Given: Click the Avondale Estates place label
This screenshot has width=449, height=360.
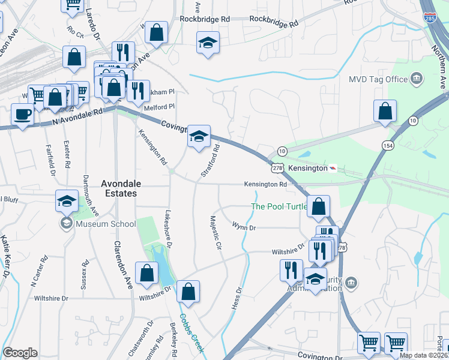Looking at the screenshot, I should [119, 188].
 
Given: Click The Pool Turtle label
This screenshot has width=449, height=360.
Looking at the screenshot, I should [279, 207].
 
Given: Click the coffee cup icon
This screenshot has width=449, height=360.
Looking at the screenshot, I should [23, 114].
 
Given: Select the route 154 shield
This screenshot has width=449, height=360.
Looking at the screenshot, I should [388, 146].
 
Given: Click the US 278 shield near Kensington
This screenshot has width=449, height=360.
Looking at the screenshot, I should [277, 169].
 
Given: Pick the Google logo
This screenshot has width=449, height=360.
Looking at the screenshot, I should [20, 353].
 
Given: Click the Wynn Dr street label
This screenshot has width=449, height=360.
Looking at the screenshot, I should [244, 226].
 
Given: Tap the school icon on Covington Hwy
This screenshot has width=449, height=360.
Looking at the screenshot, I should [199, 136].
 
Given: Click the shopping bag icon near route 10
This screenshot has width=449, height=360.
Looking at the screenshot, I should [385, 111].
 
